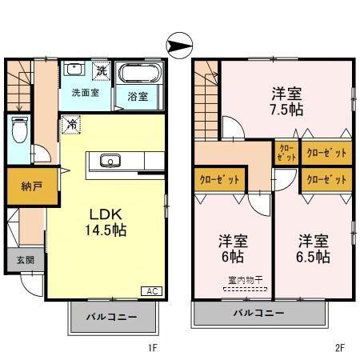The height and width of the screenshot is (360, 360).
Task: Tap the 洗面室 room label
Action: click(84, 92)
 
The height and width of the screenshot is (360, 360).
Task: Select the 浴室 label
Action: click(138, 97)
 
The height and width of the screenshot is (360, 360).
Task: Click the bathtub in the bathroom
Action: click(140, 75)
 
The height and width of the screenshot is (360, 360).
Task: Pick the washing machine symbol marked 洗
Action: click(102, 70)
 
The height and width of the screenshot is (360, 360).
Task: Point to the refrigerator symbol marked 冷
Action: click(71, 124)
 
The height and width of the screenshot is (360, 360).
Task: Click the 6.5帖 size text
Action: click(313, 257)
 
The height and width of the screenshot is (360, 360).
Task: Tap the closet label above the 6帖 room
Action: click(218, 179)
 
